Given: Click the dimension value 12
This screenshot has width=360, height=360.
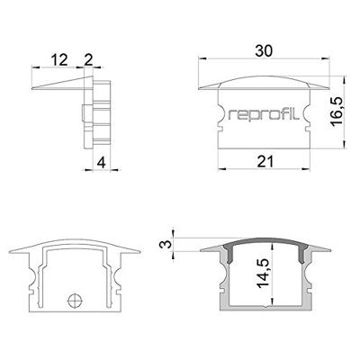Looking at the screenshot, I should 60,59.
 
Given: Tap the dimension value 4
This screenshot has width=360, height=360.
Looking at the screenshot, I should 102,162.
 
